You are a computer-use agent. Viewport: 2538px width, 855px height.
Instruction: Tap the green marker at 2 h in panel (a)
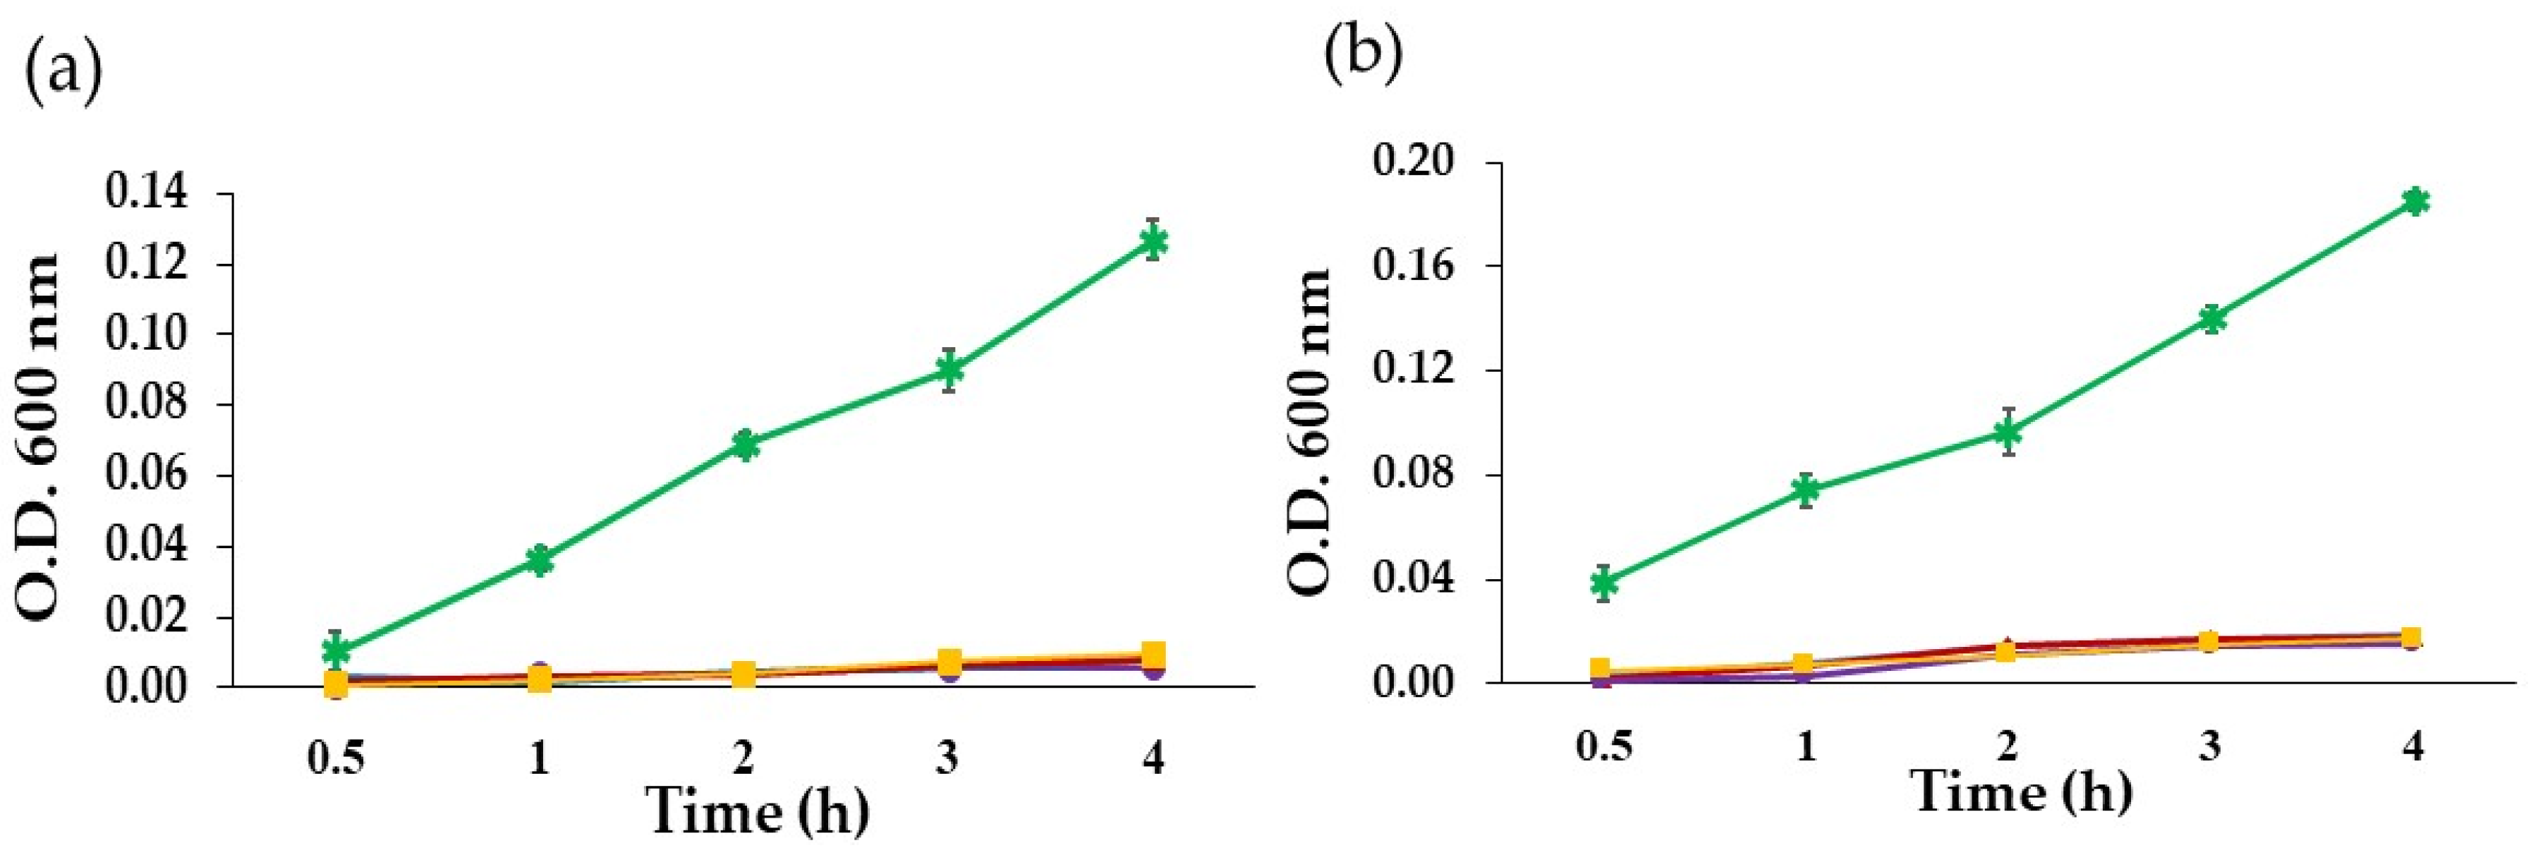click(x=745, y=444)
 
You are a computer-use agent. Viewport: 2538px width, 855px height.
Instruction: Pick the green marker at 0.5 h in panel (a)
click(x=337, y=650)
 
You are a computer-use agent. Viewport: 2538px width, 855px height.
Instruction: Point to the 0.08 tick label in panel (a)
click(x=159, y=405)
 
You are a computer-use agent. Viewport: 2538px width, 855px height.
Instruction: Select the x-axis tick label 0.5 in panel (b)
click(x=1603, y=746)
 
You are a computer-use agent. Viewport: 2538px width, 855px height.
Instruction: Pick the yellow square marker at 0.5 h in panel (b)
click(x=1601, y=669)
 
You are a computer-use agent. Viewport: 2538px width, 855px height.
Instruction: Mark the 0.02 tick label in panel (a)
click(x=159, y=617)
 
